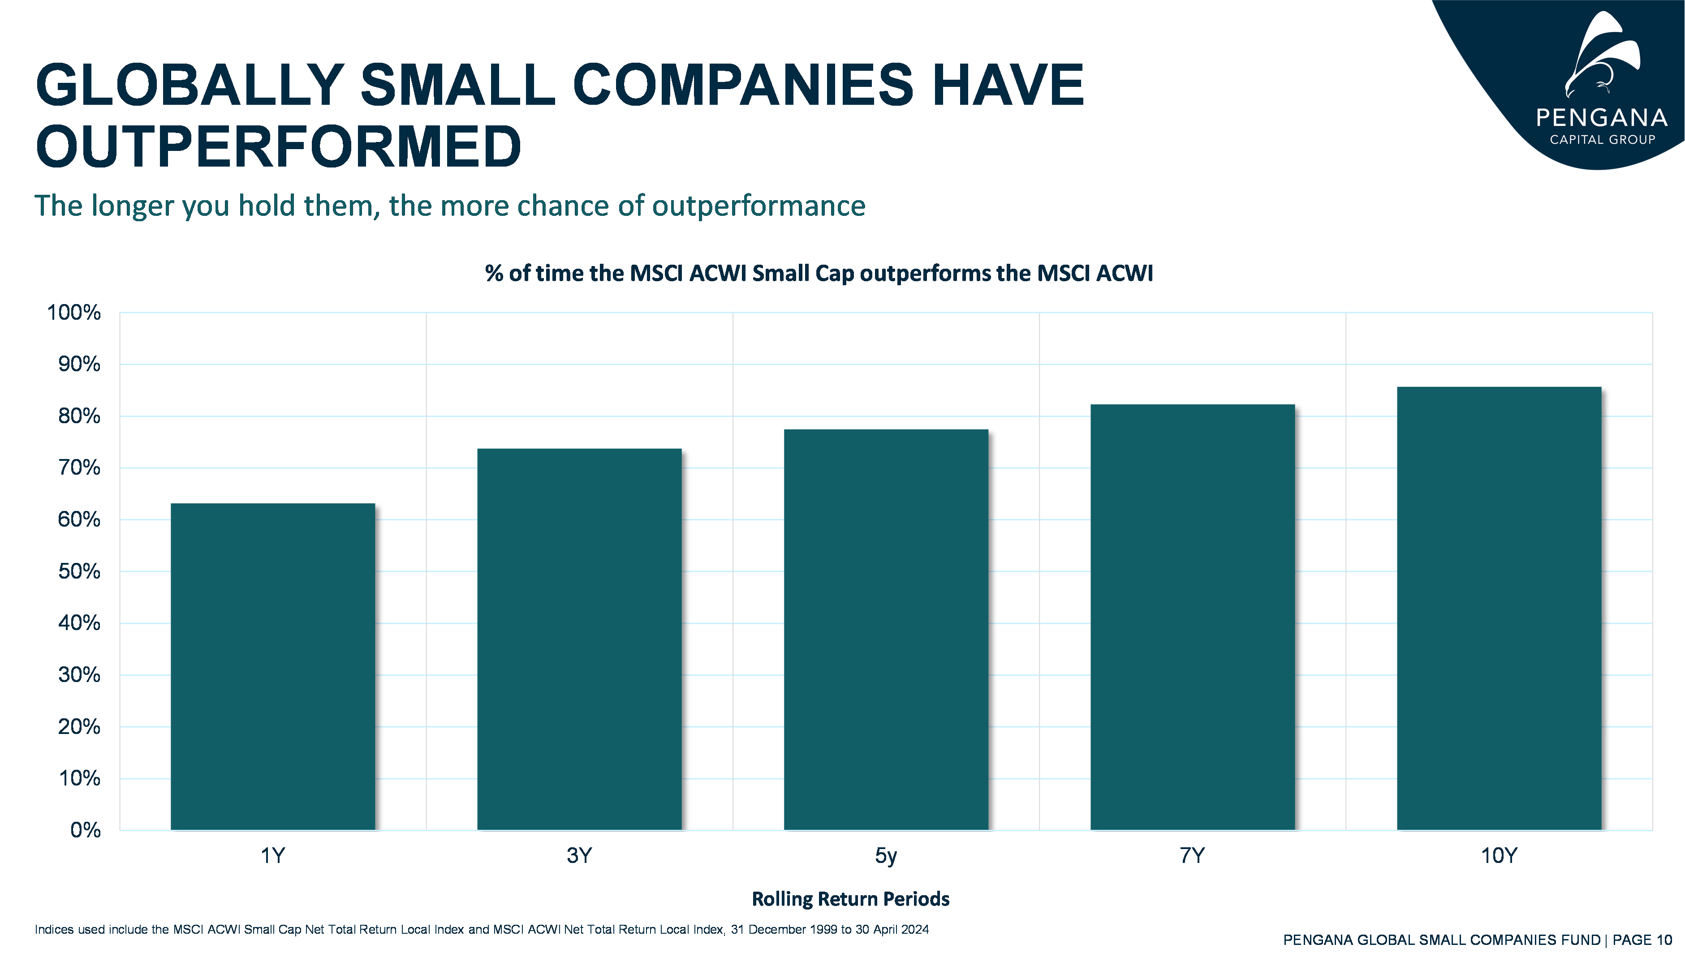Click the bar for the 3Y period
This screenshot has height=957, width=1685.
click(579, 639)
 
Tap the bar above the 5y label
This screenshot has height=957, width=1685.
click(886, 629)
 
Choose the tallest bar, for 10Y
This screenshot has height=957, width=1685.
click(1499, 608)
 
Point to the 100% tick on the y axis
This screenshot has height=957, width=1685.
click(73, 313)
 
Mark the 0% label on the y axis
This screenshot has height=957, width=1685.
click(86, 830)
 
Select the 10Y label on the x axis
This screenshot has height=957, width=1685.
click(1498, 856)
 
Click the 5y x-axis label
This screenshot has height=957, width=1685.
click(886, 856)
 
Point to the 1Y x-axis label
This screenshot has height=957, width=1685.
click(273, 856)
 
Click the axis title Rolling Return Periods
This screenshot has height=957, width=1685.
click(850, 898)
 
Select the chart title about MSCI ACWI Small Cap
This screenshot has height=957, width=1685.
click(819, 274)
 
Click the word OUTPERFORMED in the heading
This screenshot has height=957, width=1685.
click(279, 146)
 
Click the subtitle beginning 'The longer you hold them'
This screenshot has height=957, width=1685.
click(450, 206)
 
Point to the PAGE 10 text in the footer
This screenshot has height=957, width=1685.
click(1642, 940)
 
